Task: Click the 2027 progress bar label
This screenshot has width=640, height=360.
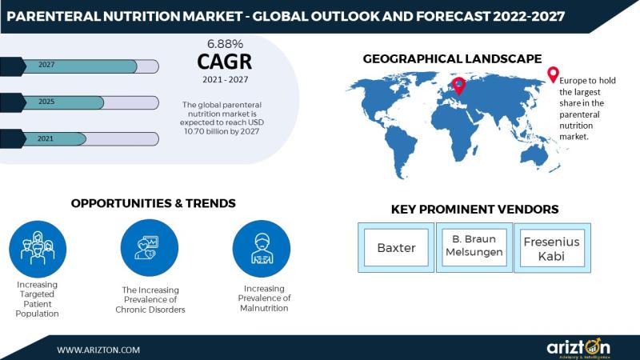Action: (46, 65)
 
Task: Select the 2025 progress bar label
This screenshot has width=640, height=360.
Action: (46, 102)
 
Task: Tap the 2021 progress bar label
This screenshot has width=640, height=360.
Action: (46, 138)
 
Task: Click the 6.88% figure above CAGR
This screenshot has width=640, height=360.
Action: (225, 44)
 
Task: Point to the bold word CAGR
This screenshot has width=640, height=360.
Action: (225, 62)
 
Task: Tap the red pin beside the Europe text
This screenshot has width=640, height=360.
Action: (553, 74)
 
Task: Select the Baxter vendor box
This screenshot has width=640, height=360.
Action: (396, 248)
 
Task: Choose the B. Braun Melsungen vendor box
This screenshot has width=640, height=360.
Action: (474, 248)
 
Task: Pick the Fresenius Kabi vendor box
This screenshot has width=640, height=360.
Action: (552, 248)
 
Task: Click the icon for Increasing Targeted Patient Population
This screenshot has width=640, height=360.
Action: (38, 249)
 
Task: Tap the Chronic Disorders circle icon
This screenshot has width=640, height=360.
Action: (150, 248)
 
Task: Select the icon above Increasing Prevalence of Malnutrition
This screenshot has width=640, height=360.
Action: (262, 249)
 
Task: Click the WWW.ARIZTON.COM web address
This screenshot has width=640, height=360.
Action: (98, 350)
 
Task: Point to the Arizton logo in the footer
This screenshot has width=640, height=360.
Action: (578, 348)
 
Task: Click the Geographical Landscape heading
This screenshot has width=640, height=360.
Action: (452, 58)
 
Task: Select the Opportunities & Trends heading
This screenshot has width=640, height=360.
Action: (153, 203)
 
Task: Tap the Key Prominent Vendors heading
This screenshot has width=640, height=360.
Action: (474, 209)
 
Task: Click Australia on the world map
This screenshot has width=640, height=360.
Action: (534, 155)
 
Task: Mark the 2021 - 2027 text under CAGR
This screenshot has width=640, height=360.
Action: (226, 79)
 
